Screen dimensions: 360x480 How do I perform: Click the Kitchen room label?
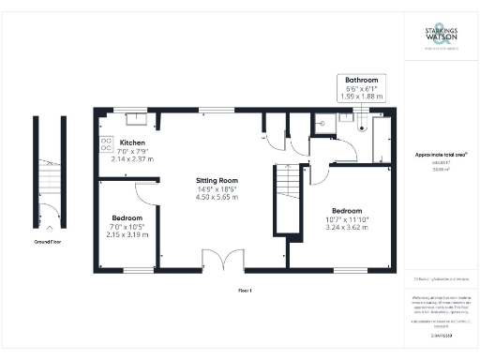[x=133, y=142]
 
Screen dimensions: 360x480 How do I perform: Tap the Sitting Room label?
[x=217, y=179]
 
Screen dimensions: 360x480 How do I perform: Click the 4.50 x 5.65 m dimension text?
[x=217, y=197]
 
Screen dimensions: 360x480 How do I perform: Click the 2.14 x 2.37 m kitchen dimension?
[x=133, y=159]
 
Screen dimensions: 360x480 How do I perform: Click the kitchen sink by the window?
[x=134, y=117]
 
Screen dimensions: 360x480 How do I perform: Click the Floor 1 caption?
[x=247, y=291]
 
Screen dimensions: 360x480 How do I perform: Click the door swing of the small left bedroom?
[x=145, y=192]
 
